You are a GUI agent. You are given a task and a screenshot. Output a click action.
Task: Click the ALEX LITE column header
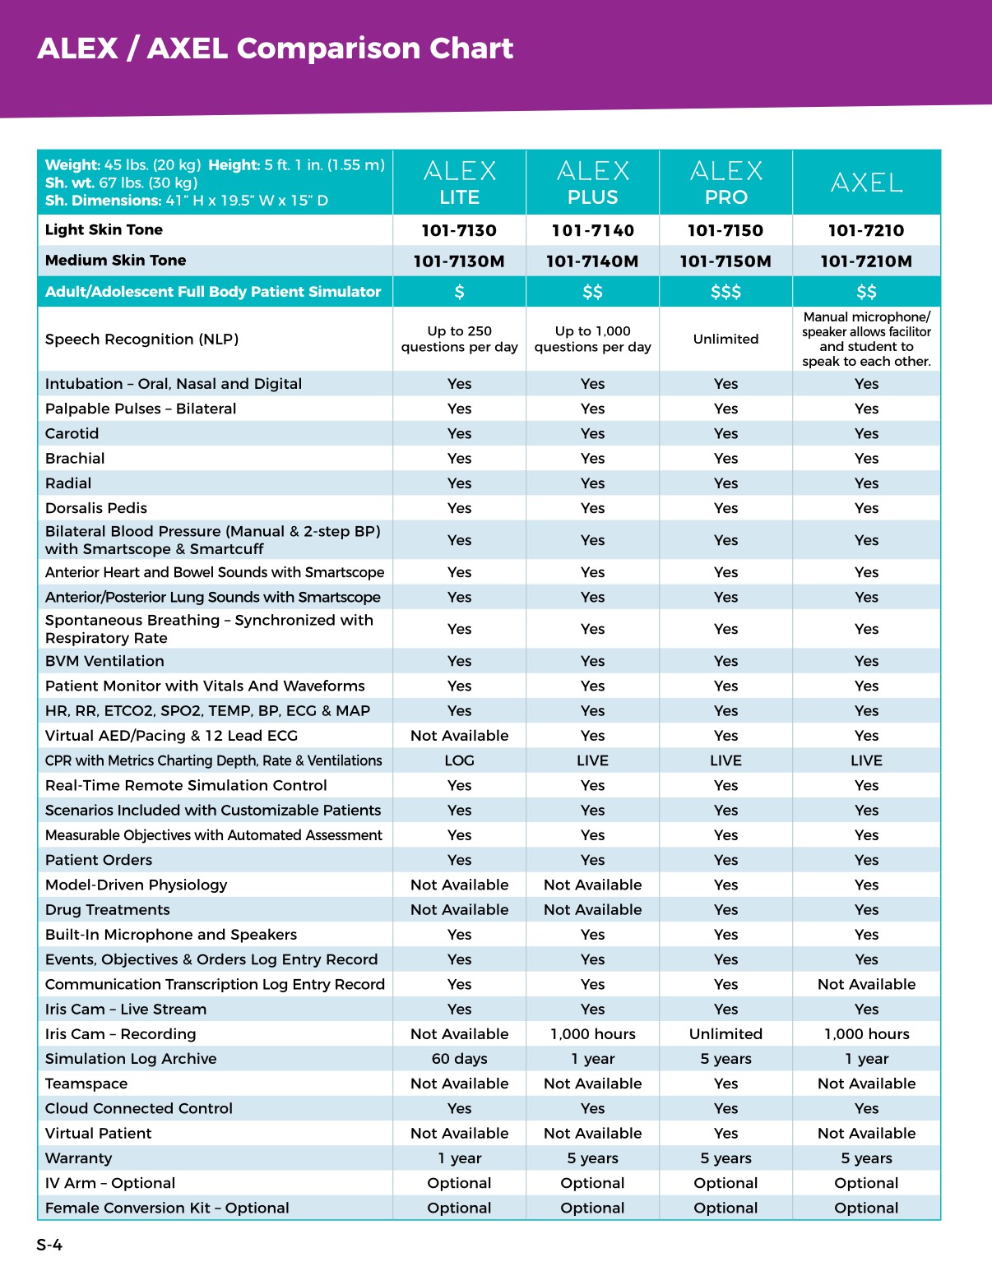pyautogui.click(x=459, y=183)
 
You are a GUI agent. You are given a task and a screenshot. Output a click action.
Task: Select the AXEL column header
pyautogui.click(x=866, y=183)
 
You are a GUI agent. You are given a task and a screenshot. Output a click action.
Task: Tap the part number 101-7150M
pyautogui.click(x=725, y=261)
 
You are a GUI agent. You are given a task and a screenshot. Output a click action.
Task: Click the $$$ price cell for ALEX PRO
pyautogui.click(x=725, y=292)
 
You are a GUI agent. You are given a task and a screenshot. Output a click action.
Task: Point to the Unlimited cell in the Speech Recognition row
pyautogui.click(x=725, y=339)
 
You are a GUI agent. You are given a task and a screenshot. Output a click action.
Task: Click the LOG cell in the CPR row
pyautogui.click(x=459, y=760)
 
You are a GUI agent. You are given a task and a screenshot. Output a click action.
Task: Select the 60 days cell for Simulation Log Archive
pyautogui.click(x=459, y=1059)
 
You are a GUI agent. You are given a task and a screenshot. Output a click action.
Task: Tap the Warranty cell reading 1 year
pyautogui.click(x=459, y=1158)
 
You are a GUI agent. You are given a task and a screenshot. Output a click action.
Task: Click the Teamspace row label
pyautogui.click(x=86, y=1084)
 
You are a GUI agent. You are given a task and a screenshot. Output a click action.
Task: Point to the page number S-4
pyautogui.click(x=49, y=1245)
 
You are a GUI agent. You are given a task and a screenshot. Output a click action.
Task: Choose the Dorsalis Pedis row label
pyautogui.click(x=96, y=508)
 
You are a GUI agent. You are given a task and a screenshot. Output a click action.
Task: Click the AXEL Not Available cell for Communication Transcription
pyautogui.click(x=866, y=984)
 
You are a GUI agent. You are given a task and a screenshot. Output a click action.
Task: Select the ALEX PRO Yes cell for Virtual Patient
pyautogui.click(x=725, y=1133)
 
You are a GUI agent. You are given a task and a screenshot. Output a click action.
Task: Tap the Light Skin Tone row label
pyautogui.click(x=104, y=230)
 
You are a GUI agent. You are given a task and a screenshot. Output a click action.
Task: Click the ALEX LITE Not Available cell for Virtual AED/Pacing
pyautogui.click(x=459, y=736)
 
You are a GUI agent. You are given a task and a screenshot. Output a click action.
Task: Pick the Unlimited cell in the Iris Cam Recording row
pyautogui.click(x=725, y=1034)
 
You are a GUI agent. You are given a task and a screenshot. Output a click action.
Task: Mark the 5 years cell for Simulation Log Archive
pyautogui.click(x=725, y=1059)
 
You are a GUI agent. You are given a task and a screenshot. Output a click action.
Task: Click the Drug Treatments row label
pyautogui.click(x=108, y=910)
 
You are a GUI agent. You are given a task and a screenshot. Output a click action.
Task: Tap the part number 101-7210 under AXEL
pyautogui.click(x=866, y=231)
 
